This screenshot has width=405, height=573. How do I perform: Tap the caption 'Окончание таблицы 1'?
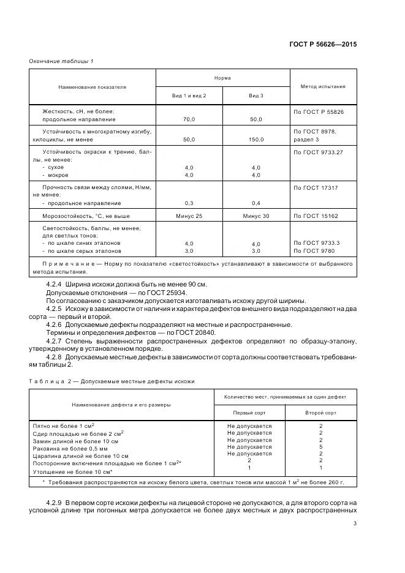[61, 61]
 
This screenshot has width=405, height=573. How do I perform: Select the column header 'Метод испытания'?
[322, 86]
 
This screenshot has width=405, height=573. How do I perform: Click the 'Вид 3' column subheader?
[255, 97]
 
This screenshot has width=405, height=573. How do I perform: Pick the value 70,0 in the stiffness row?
[189, 119]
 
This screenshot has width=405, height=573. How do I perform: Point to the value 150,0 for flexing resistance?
[255, 140]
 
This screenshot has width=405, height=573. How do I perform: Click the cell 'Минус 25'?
[189, 216]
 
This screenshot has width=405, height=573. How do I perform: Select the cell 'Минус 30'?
[255, 216]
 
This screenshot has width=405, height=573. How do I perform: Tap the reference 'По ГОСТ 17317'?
[316, 187]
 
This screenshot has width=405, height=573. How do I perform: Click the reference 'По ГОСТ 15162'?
[316, 216]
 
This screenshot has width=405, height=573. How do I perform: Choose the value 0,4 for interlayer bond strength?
[255, 203]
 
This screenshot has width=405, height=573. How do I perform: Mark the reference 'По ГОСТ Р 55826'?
[318, 111]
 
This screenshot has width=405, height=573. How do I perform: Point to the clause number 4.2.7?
[55, 340]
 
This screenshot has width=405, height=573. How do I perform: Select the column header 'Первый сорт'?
[249, 413]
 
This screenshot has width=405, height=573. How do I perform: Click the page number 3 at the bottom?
[355, 523]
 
